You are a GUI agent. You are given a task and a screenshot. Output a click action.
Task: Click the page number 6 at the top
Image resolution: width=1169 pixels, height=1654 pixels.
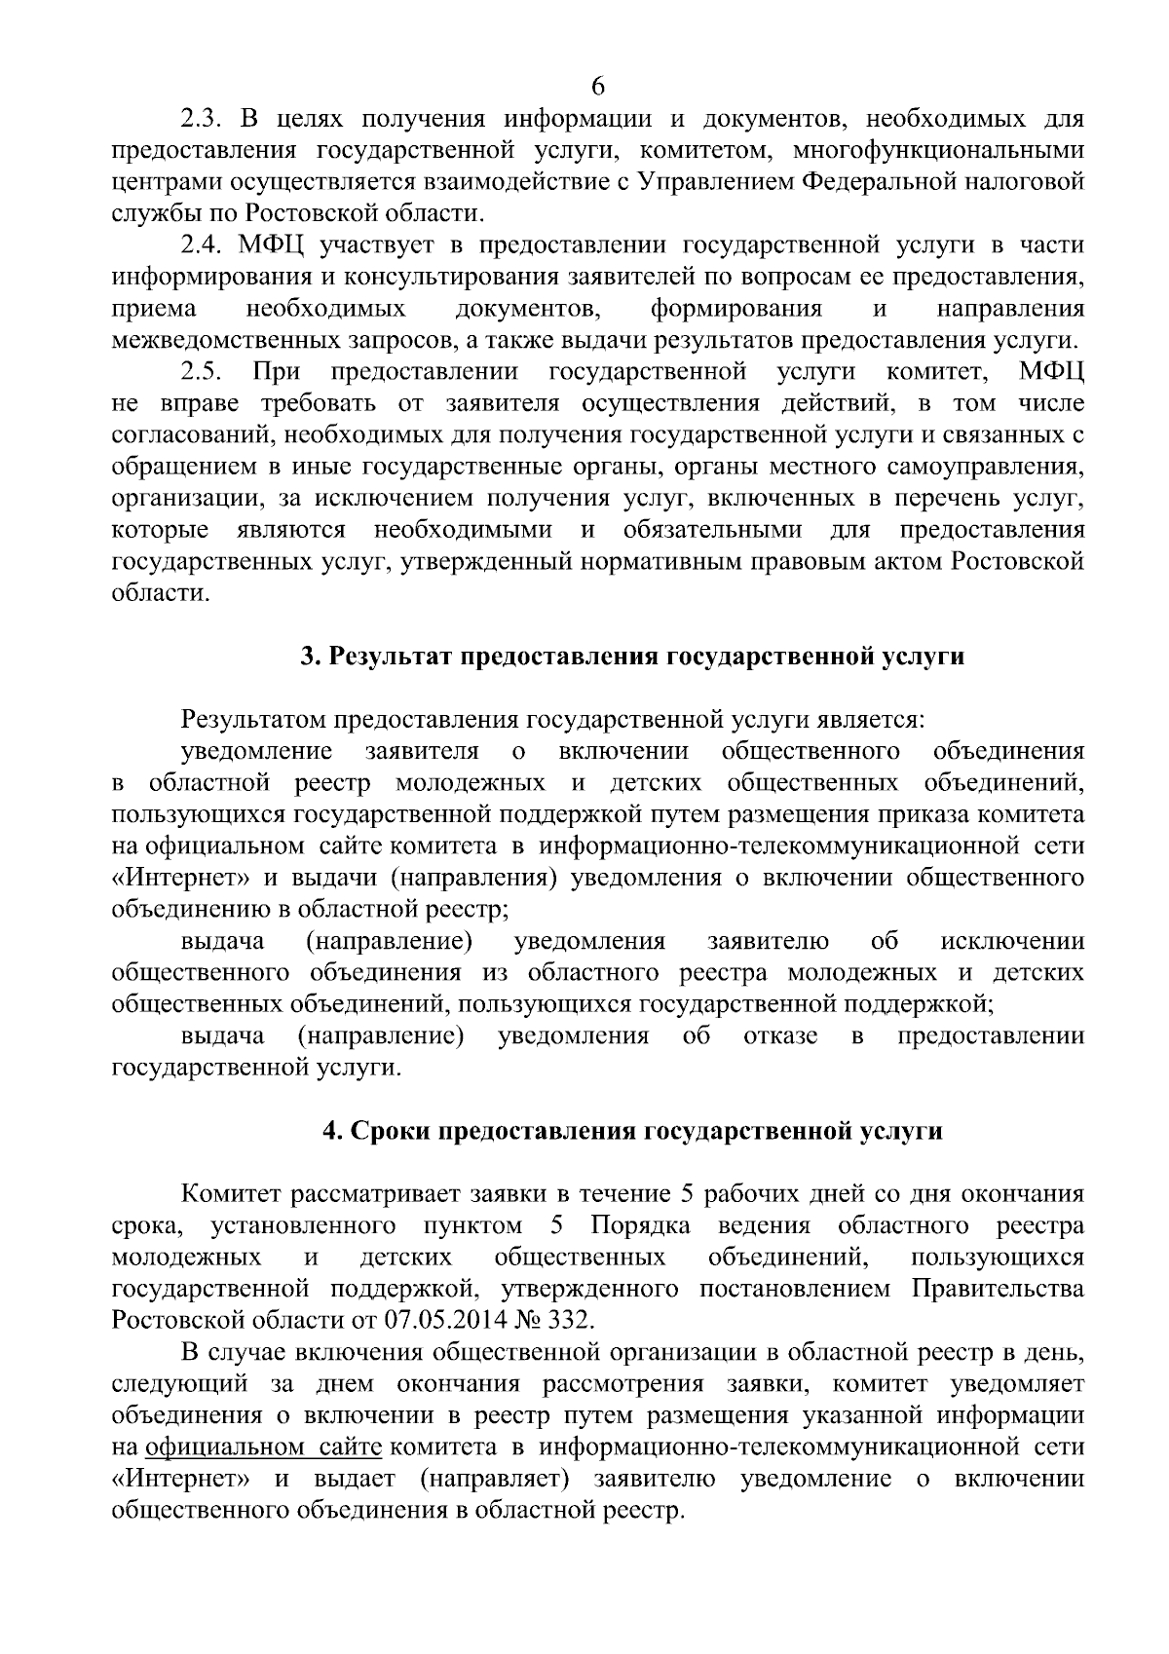[x=598, y=87]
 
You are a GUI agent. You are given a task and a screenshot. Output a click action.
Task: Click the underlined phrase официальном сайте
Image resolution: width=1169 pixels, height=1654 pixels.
[x=262, y=1447]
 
